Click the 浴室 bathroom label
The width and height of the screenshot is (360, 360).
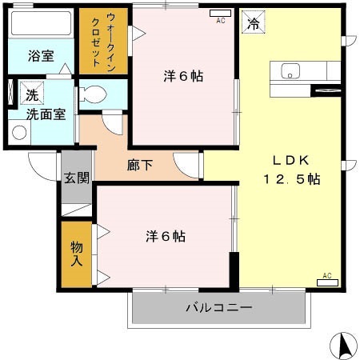tap(40, 57)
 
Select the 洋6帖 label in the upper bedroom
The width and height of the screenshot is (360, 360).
tap(183, 77)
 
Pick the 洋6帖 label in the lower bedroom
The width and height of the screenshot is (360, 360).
tap(166, 237)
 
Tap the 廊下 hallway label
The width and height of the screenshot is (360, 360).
tap(140, 166)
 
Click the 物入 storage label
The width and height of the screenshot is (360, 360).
tap(77, 254)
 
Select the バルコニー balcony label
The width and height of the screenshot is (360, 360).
tap(218, 307)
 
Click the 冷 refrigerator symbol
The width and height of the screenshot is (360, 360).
tap(252, 23)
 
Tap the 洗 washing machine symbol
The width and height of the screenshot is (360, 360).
tap(32, 94)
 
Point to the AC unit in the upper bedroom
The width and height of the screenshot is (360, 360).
tap(220, 15)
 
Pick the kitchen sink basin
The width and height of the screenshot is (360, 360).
tap(290, 70)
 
